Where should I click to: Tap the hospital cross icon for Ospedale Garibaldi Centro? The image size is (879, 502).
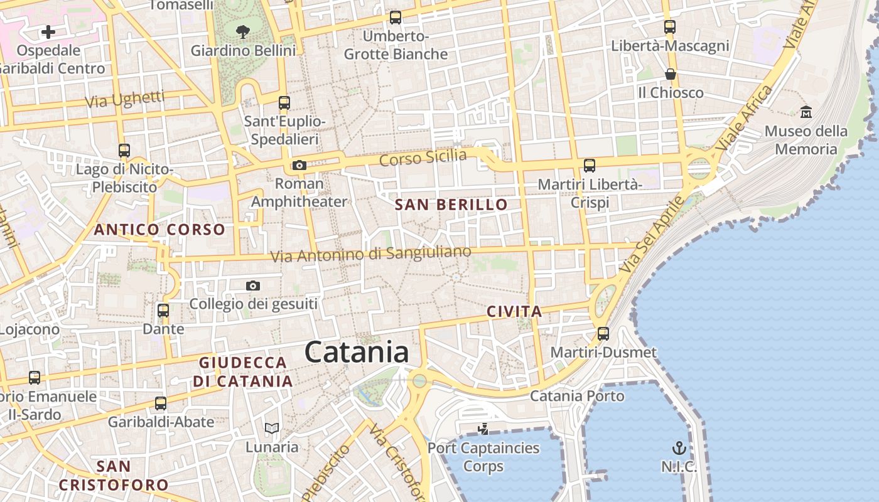tap(48, 32)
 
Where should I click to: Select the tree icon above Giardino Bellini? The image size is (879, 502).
tap(242, 32)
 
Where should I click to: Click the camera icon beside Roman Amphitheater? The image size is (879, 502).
tap(299, 166)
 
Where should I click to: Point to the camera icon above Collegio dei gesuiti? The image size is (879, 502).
tap(253, 286)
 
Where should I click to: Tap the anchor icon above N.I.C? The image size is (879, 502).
tap(679, 448)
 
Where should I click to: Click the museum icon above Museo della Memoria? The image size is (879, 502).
tap(806, 112)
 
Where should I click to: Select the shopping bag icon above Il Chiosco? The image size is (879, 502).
tap(671, 74)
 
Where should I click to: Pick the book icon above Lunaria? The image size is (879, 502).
tap(271, 428)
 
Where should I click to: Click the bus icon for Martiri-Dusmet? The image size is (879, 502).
tap(603, 333)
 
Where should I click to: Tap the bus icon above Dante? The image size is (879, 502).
tap(163, 310)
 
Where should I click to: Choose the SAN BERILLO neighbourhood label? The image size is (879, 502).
tap(451, 205)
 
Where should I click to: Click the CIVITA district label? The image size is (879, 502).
tap(514, 311)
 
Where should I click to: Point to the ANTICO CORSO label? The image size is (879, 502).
tap(159, 230)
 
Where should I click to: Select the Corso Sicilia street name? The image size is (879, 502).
tap(423, 158)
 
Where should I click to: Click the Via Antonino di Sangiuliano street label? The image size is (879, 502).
tap(370, 254)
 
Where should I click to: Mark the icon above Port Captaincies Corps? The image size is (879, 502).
tap(483, 429)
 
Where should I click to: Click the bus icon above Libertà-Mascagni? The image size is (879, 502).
tap(670, 27)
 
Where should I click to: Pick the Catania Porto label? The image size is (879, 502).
tap(577, 396)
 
